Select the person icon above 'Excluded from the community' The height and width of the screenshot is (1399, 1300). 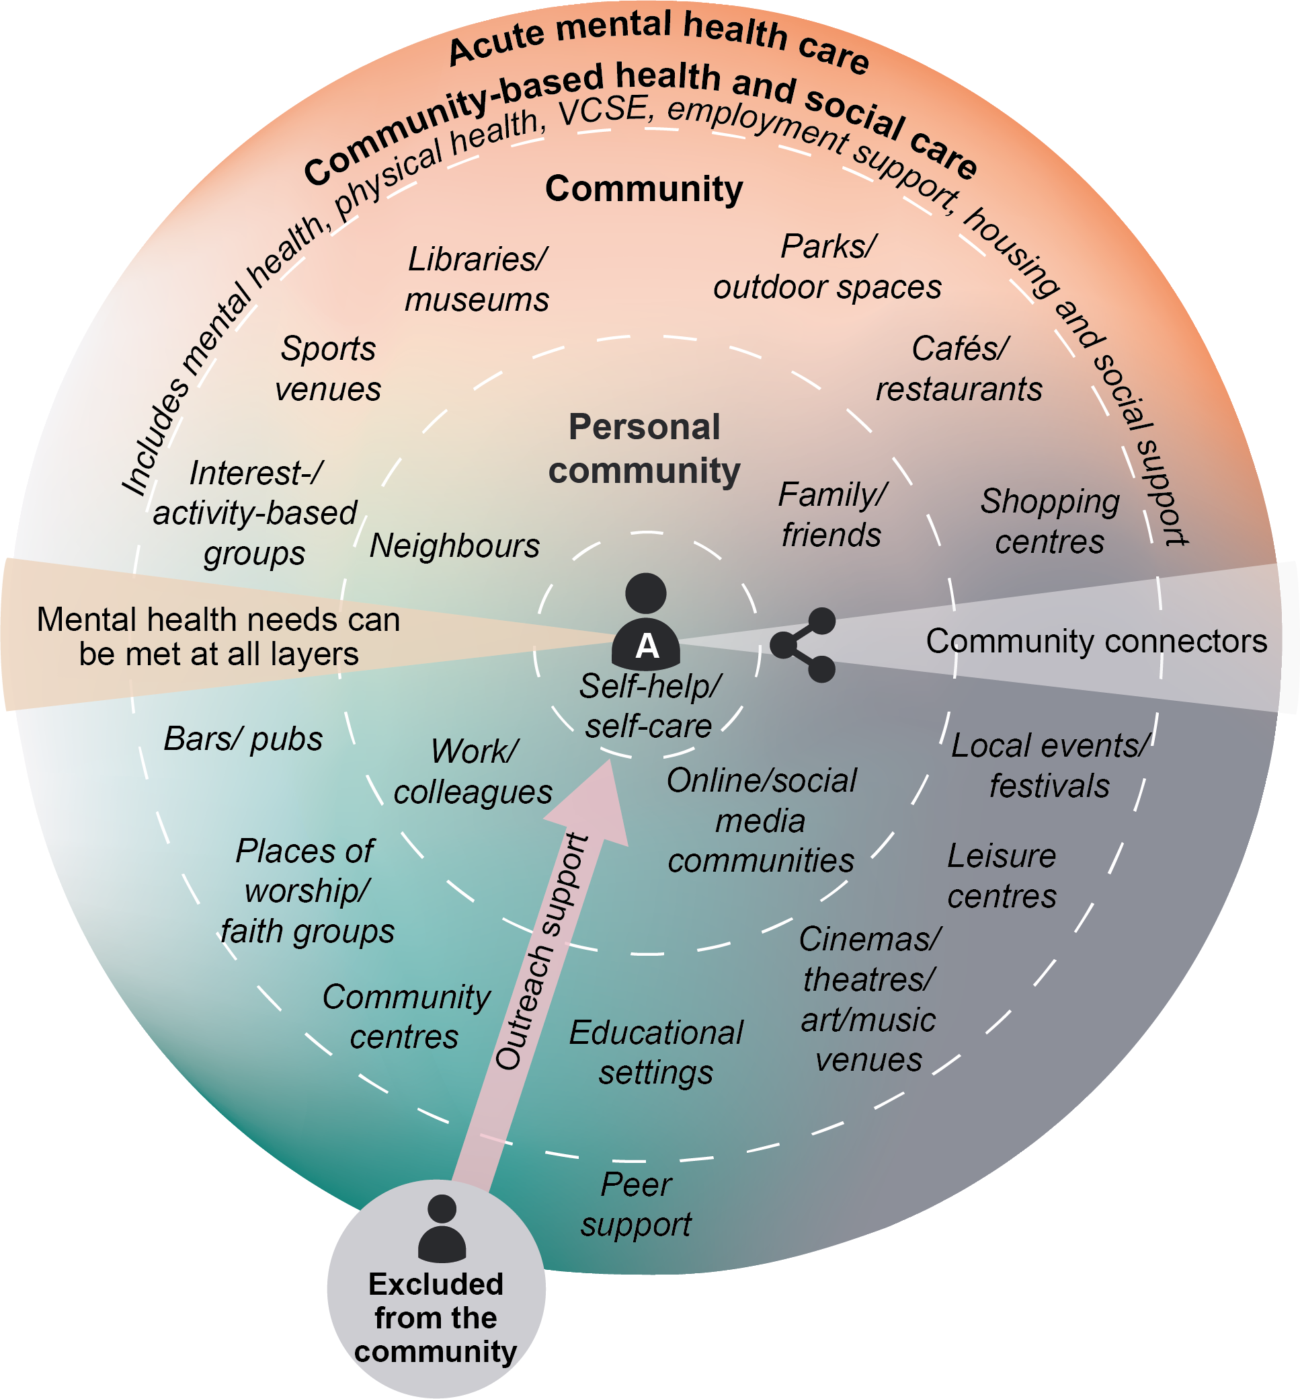(442, 1228)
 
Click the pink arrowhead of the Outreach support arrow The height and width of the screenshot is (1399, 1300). (594, 802)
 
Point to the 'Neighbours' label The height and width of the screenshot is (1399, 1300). (454, 546)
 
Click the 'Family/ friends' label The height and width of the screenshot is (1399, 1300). (832, 515)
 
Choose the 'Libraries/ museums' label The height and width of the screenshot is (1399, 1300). (477, 279)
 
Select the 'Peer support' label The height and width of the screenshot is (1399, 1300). (636, 1204)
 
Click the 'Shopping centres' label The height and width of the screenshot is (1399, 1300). (1049, 521)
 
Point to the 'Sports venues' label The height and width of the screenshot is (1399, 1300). (328, 369)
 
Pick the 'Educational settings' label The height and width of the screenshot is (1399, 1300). (655, 1053)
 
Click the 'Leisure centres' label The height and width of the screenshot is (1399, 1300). (1002, 876)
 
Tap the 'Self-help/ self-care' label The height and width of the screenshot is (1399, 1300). (649, 706)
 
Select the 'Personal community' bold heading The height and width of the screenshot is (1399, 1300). (645, 449)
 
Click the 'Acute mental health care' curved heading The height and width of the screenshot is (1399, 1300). (659, 39)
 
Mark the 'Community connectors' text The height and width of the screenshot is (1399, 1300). (1096, 642)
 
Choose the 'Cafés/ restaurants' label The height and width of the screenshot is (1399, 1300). (959, 369)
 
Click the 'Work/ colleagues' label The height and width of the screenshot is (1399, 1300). (473, 772)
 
